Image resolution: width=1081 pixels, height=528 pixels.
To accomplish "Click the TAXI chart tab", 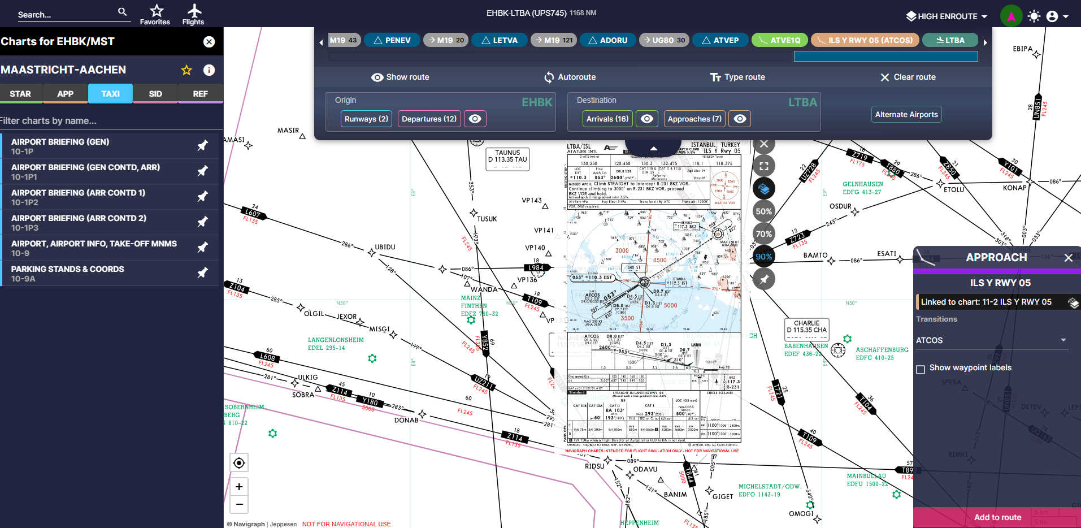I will point(110,94).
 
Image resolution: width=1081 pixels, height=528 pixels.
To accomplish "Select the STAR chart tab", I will point(20,94).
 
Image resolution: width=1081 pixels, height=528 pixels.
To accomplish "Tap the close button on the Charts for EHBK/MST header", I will point(209,42).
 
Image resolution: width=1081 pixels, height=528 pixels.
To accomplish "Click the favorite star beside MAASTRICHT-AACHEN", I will point(186,70).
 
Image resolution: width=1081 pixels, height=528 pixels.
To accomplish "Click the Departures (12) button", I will point(429,119).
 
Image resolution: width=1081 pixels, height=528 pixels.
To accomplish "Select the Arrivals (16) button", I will point(607,119).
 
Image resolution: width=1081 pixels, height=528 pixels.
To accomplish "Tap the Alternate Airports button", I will point(906,114).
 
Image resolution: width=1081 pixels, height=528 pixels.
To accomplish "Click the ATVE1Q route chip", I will point(779,40).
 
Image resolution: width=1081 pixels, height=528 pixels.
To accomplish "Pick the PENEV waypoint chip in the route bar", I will point(392,40).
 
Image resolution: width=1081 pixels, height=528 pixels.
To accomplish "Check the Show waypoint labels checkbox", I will point(921,369).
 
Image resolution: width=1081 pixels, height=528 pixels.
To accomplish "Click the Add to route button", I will point(997,517).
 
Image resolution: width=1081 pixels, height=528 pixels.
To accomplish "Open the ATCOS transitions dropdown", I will point(991,340).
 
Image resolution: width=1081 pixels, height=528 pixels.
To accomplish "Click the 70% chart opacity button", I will point(763,234).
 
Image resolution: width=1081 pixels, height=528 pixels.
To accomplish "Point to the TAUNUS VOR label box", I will point(507,157).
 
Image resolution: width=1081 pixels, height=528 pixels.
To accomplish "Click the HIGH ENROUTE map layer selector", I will point(947,16).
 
